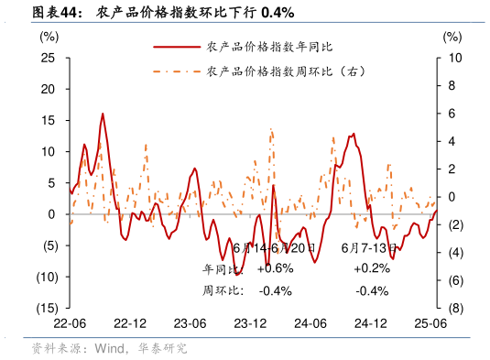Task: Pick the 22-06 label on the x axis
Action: (70, 324)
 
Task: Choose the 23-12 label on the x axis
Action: (250, 324)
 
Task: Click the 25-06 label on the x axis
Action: (430, 324)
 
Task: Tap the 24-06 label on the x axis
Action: (310, 324)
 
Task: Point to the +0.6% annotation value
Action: (275, 268)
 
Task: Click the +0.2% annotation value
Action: (372, 268)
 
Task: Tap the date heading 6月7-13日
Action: (369, 247)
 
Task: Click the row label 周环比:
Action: (222, 290)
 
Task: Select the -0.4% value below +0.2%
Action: (372, 290)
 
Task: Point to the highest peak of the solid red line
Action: (103, 114)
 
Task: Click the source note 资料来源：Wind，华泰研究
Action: (109, 348)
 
